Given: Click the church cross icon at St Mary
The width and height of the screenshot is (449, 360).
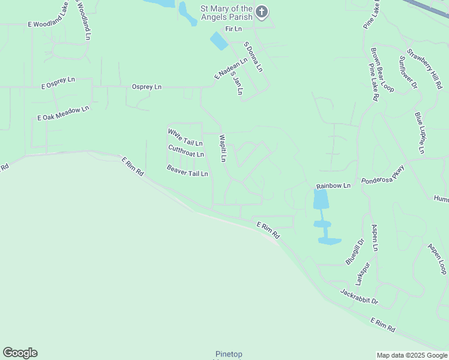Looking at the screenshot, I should pos(261,11).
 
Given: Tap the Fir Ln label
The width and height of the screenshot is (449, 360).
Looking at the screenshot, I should pos(233,29).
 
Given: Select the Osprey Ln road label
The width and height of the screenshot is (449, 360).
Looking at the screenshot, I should pos(146,87).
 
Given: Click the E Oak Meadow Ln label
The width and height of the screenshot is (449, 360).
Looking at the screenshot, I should pos(63,113).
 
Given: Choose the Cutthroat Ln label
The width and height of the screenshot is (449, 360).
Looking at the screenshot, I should pos(186,151).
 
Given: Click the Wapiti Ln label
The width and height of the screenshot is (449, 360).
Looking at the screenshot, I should pos(223,148).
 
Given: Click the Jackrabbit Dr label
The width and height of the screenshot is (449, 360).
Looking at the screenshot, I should pos(359,296).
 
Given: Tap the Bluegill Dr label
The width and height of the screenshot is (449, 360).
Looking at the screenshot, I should pos(355,252).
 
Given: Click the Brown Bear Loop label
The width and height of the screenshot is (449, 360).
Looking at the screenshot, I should pos(382,70).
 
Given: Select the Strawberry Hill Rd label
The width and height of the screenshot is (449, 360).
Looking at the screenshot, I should pos(424,68).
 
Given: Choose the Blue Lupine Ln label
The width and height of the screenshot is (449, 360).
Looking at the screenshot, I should pos(420,133).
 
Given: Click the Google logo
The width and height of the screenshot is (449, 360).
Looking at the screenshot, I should pos(20,353).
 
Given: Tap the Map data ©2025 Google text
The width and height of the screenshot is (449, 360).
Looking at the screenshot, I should pos(412,355).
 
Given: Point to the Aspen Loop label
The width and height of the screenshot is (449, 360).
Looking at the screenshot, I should pos(437,259).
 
